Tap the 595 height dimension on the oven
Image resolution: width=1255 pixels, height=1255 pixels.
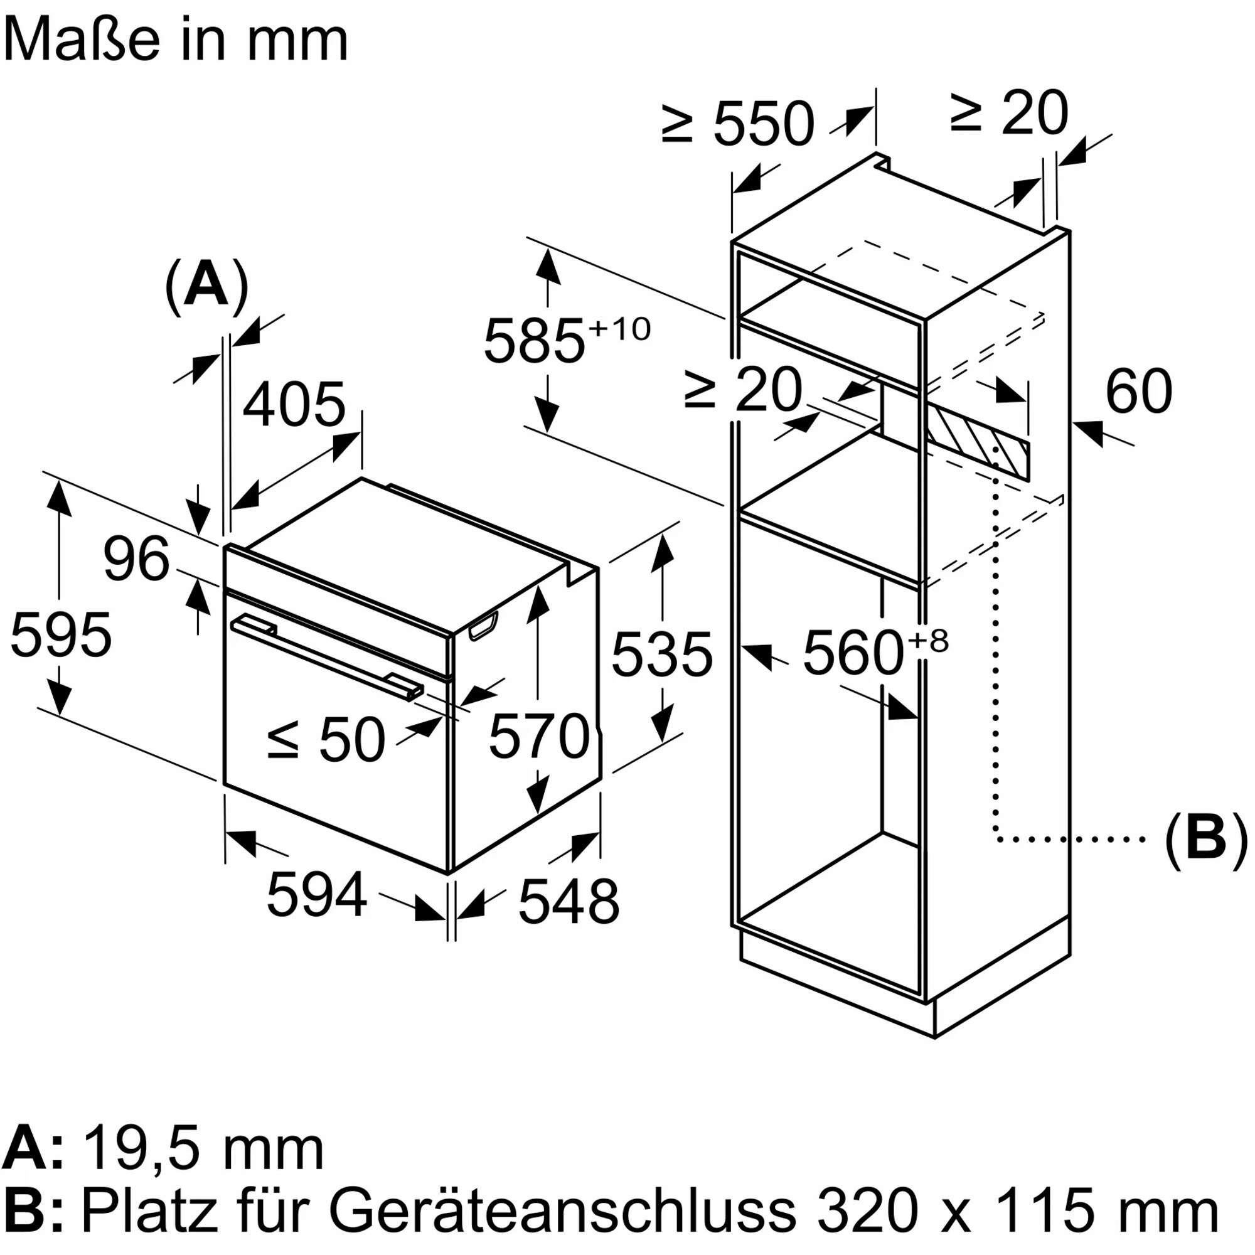click(61, 634)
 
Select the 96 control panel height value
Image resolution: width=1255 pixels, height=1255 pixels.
click(136, 558)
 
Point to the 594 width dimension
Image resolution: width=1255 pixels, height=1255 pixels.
click(317, 894)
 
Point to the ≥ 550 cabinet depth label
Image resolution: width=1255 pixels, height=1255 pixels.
click(738, 123)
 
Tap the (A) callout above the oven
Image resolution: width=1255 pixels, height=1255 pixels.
click(206, 286)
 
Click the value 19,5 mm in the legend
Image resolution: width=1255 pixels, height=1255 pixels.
click(203, 1150)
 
